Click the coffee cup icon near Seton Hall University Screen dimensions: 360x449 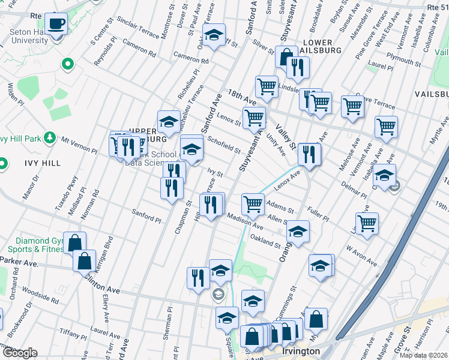[56, 24]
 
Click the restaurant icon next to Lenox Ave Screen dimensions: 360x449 [309, 154]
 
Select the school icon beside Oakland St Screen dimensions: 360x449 [297, 231]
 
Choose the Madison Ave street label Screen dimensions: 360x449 [245, 223]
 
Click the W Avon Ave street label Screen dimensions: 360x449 [360, 255]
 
